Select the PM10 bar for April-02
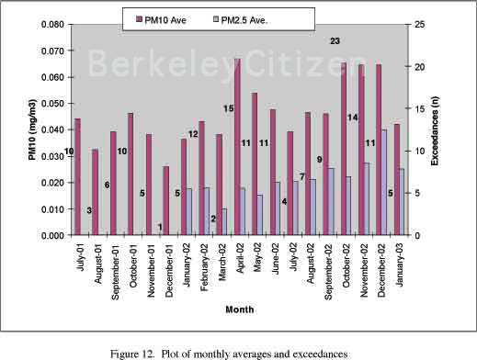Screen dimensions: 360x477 tap(237, 147)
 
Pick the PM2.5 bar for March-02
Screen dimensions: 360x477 tap(224, 221)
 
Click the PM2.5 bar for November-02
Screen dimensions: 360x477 tap(367, 198)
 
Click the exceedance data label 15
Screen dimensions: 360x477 tap(228, 108)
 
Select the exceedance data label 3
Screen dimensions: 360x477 tap(89, 210)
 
